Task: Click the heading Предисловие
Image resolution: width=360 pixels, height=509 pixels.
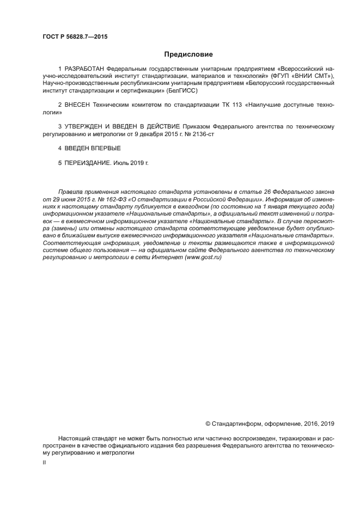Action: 188,54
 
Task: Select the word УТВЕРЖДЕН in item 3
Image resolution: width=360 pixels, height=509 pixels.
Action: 85,126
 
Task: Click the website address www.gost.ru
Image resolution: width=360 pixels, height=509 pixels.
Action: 203,257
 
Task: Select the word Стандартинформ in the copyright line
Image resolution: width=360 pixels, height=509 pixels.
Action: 237,423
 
